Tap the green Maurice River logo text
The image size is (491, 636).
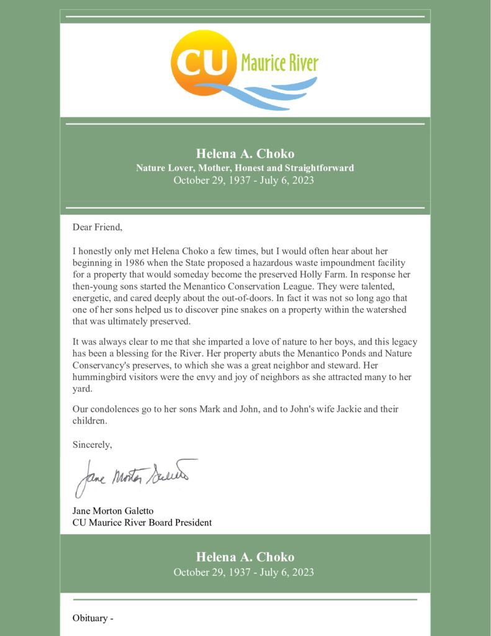click(279, 63)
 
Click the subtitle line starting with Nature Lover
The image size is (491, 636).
click(245, 168)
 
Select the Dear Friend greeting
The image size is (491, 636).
click(97, 227)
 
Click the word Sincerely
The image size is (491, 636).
click(92, 445)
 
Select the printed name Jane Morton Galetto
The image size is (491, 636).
click(113, 511)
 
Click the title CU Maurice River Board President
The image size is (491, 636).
click(142, 522)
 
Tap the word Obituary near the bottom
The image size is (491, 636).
click(90, 618)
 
